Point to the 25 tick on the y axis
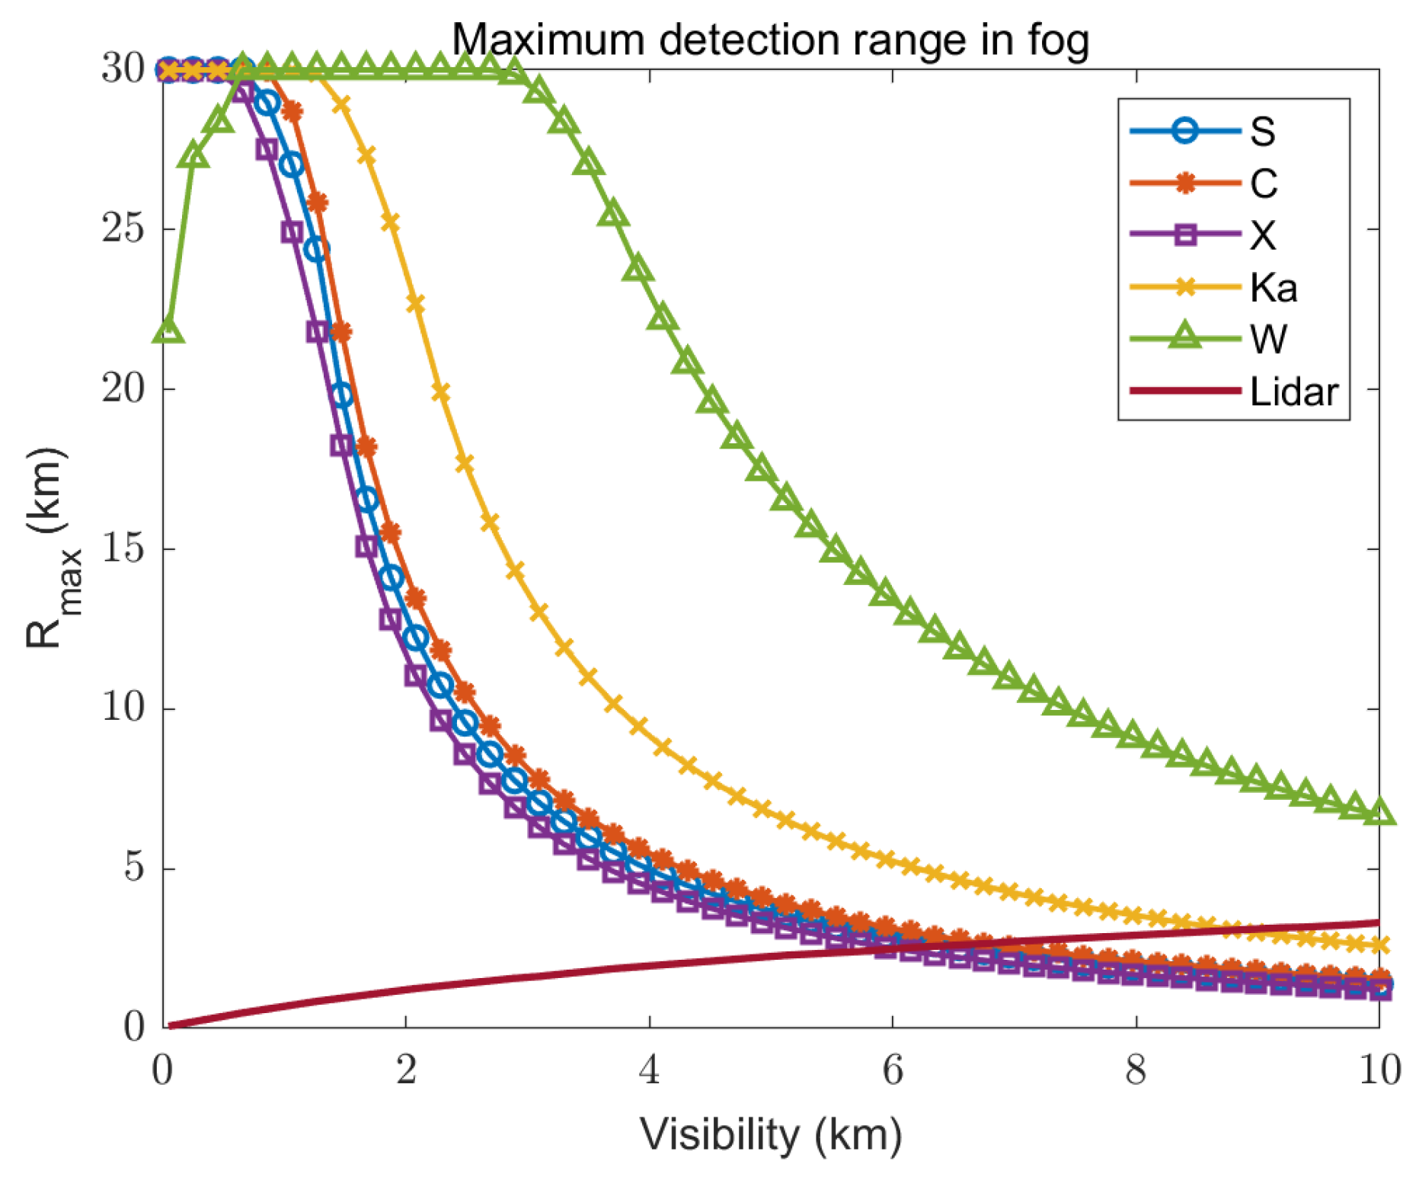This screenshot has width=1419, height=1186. coord(123,228)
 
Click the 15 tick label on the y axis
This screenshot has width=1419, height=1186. coord(123,548)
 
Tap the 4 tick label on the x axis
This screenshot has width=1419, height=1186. coord(649,1070)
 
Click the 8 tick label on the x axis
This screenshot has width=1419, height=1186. coord(1136,1070)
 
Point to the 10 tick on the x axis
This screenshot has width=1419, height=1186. coord(1379,1070)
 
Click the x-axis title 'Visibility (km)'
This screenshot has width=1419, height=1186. coord(770,1136)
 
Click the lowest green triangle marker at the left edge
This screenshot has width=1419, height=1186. coord(168,331)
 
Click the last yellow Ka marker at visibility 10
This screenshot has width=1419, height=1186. coord(1379,945)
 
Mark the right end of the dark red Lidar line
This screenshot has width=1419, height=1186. coord(1378,922)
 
